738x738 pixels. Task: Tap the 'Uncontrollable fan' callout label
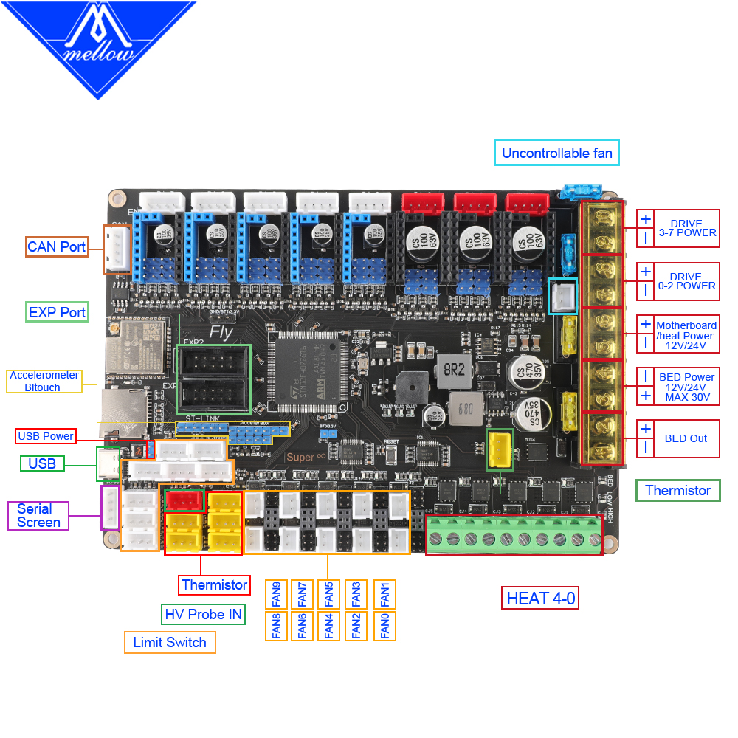tap(556, 154)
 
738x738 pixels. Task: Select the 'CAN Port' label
tap(57, 246)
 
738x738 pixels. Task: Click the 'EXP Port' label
tap(57, 312)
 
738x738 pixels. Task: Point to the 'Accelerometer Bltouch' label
tap(44, 381)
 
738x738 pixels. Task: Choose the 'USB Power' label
tap(46, 436)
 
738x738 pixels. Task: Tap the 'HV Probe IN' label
tap(203, 614)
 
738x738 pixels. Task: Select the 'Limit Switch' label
tap(170, 642)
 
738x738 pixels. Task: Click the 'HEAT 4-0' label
tap(540, 598)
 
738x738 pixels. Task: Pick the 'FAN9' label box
tap(277, 593)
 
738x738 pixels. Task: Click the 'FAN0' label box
tap(384, 626)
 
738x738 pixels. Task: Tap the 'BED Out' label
tap(686, 438)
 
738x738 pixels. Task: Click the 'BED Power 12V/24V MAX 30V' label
tap(686, 387)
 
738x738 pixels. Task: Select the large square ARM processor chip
tap(308, 370)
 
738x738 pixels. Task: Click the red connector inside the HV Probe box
tap(184, 501)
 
